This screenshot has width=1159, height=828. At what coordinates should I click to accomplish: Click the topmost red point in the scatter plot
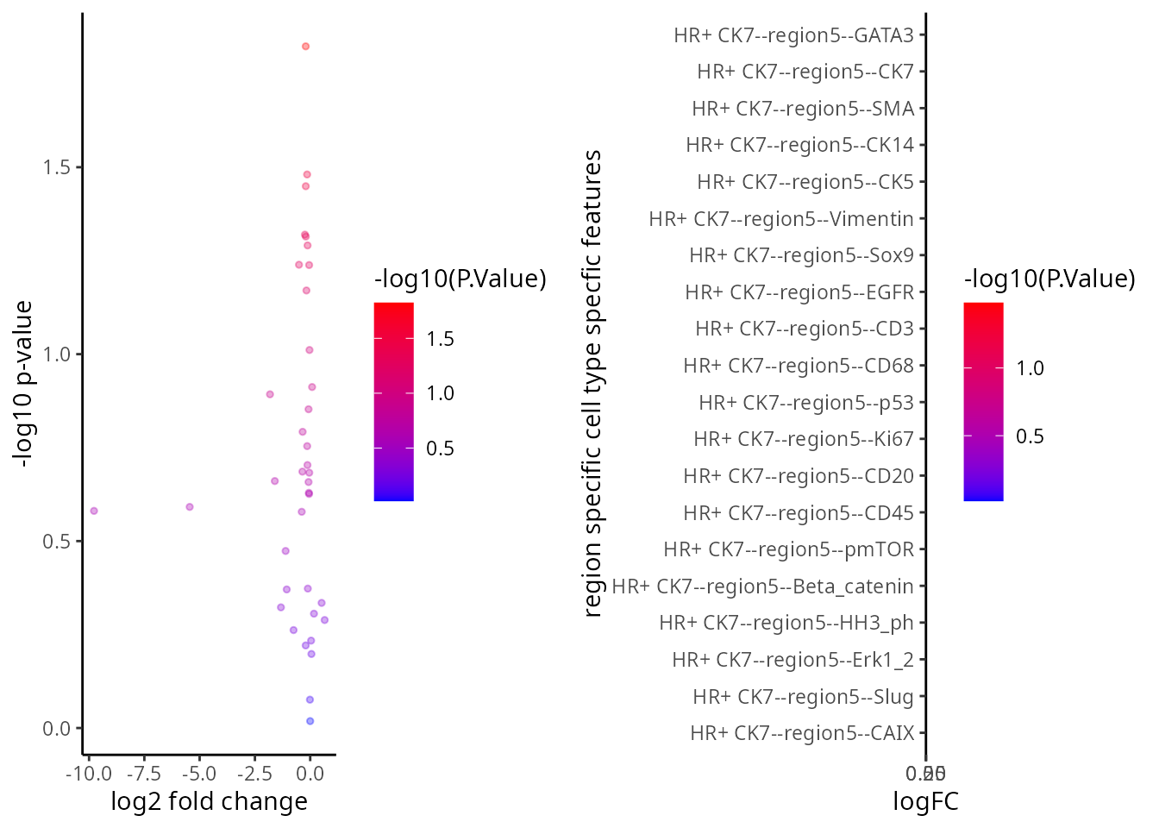pyautogui.click(x=305, y=47)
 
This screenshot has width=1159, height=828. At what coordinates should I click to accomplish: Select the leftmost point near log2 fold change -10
pyautogui.click(x=94, y=511)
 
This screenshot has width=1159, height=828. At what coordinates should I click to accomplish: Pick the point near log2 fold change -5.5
pyautogui.click(x=190, y=506)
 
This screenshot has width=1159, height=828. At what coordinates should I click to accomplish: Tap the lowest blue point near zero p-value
pyautogui.click(x=310, y=721)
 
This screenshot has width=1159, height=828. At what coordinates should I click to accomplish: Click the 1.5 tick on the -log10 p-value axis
pyautogui.click(x=56, y=167)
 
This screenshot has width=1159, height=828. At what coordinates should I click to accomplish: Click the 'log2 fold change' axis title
pyautogui.click(x=210, y=802)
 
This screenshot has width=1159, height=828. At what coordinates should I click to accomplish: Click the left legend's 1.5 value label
pyautogui.click(x=440, y=339)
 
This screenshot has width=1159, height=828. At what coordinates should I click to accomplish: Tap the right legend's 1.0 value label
pyautogui.click(x=1030, y=368)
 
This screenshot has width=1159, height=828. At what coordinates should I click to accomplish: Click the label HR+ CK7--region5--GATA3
pyautogui.click(x=793, y=35)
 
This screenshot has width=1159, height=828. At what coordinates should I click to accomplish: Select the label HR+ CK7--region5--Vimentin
pyautogui.click(x=781, y=219)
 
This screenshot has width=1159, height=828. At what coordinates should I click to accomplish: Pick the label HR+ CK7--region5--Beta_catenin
pyautogui.click(x=762, y=586)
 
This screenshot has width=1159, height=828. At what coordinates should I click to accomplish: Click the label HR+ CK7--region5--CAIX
pyautogui.click(x=802, y=733)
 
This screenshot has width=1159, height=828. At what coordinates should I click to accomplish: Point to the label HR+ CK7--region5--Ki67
pyautogui.click(x=804, y=439)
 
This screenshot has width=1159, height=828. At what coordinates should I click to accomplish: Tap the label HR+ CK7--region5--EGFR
pyautogui.click(x=799, y=292)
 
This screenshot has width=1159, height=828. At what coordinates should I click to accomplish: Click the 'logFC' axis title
pyautogui.click(x=925, y=802)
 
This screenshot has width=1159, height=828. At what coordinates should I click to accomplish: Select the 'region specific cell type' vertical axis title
pyautogui.click(x=592, y=384)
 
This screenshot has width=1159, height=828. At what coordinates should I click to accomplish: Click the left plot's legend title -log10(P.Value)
pyautogui.click(x=460, y=279)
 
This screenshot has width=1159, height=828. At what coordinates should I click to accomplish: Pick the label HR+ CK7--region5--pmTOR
pyautogui.click(x=788, y=549)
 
